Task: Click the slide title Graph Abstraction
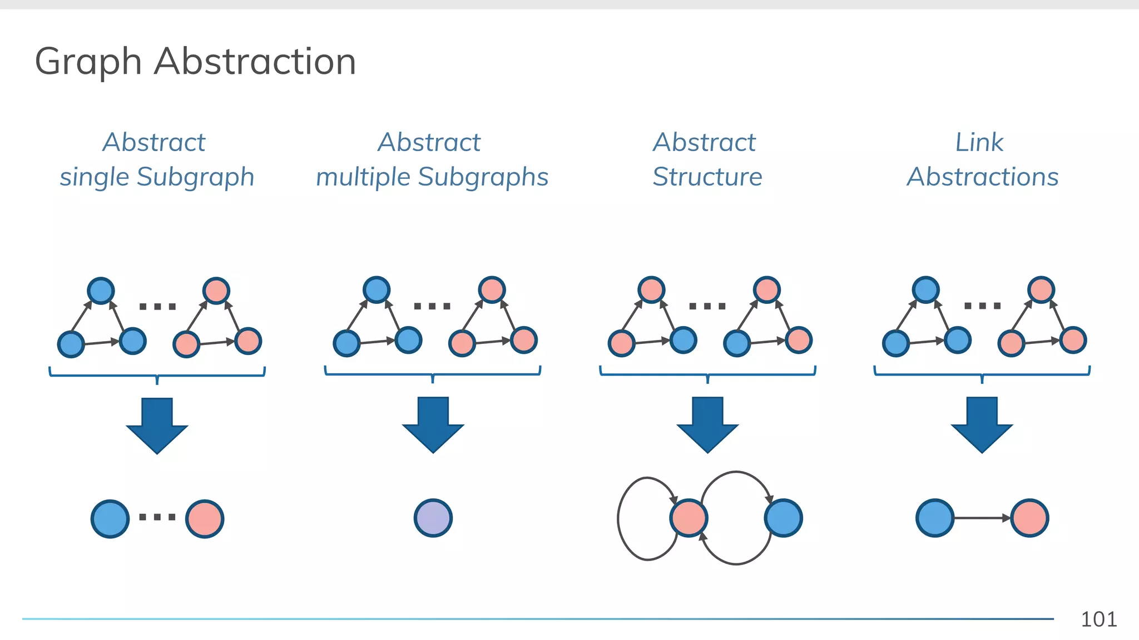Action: pyautogui.click(x=195, y=61)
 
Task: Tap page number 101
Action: pyautogui.click(x=1098, y=619)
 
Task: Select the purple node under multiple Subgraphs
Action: pyautogui.click(x=433, y=518)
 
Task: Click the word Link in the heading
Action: pyautogui.click(x=979, y=142)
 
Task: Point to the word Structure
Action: pyautogui.click(x=707, y=177)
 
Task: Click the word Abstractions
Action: pyautogui.click(x=982, y=177)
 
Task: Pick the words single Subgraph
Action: pyautogui.click(x=157, y=177)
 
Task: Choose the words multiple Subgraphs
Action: pyautogui.click(x=432, y=177)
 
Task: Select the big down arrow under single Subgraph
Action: pyautogui.click(x=157, y=424)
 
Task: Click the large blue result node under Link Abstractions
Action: pyautogui.click(x=935, y=518)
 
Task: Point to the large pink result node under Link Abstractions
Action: pyautogui.click(x=1029, y=518)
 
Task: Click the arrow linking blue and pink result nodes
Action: pyautogui.click(x=982, y=518)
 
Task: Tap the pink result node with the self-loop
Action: pyautogui.click(x=689, y=518)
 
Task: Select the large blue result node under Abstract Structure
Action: pyautogui.click(x=783, y=518)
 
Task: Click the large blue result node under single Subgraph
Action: pyautogui.click(x=110, y=518)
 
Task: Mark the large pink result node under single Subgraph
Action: pyautogui.click(x=205, y=518)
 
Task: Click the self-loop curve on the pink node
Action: pyautogui.click(x=619, y=518)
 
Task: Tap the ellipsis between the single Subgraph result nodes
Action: pyautogui.click(x=157, y=517)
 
